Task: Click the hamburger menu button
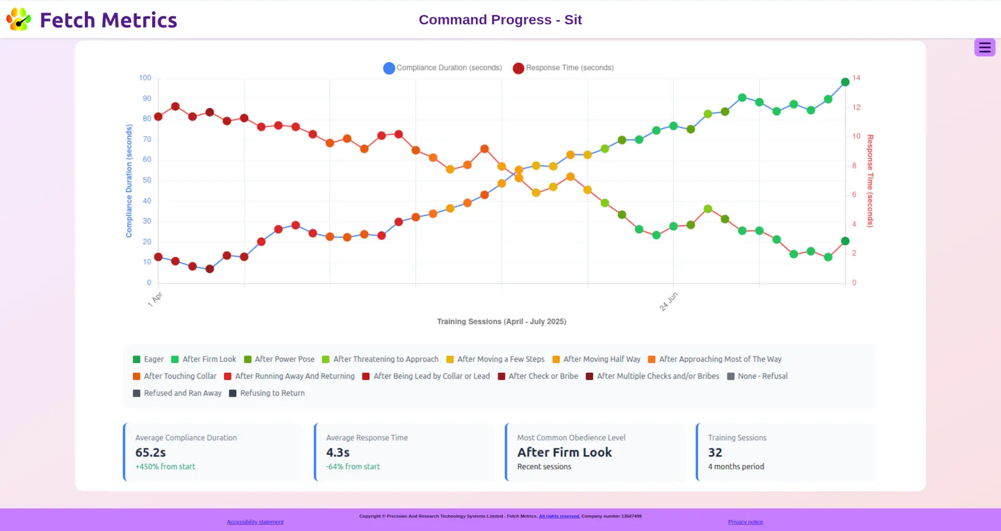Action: tap(984, 47)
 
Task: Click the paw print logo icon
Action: tap(19, 19)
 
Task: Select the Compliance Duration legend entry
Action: tap(443, 68)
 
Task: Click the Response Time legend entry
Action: tap(564, 68)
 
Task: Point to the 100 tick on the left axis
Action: tap(145, 78)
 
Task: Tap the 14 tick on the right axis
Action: tap(856, 78)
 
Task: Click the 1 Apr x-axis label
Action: tap(155, 299)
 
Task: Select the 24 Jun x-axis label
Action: tap(668, 301)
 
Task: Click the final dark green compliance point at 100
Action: tap(845, 82)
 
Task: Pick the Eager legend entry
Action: tap(149, 359)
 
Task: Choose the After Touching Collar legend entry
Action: tap(175, 376)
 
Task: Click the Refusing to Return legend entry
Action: tap(267, 393)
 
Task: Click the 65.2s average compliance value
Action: tap(151, 452)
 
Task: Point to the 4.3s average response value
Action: tap(338, 452)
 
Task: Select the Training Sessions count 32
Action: tap(715, 452)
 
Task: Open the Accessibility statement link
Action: tap(255, 522)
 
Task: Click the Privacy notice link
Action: tap(746, 522)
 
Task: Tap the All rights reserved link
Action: tap(559, 516)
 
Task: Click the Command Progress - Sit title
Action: tap(500, 20)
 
